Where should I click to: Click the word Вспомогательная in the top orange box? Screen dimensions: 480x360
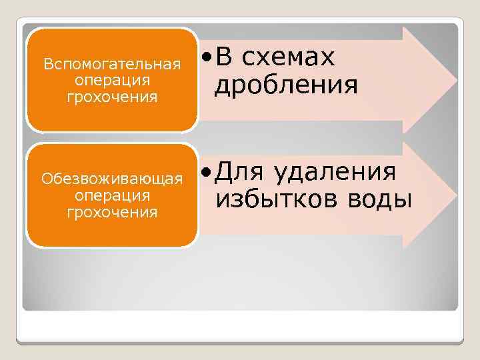(x=112, y=65)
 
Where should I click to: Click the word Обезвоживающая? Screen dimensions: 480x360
(x=112, y=180)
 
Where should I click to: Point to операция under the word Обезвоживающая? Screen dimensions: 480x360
(x=112, y=196)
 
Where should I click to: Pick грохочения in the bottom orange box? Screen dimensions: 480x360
(x=112, y=212)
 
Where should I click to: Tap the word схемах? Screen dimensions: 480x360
(x=288, y=58)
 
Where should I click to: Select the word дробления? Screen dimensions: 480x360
(x=286, y=85)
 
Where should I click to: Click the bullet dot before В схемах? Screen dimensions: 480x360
(x=208, y=59)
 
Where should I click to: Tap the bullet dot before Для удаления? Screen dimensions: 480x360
(x=208, y=173)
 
